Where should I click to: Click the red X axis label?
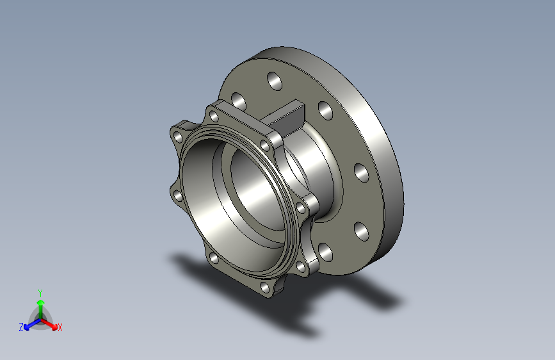(60, 327)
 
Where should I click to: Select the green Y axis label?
(40, 291)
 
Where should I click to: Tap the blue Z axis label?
(21, 327)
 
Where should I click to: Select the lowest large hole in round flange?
(325, 252)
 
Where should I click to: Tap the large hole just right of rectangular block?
(325, 112)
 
